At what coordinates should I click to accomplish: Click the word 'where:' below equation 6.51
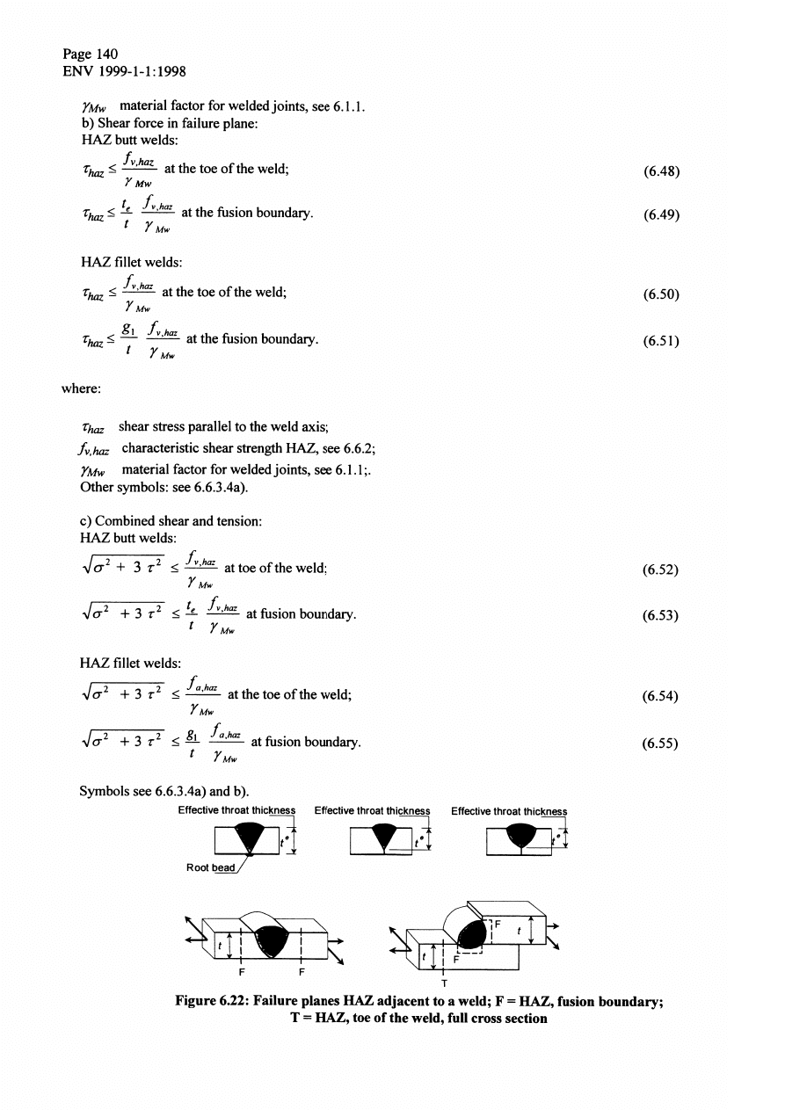[x=82, y=384]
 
